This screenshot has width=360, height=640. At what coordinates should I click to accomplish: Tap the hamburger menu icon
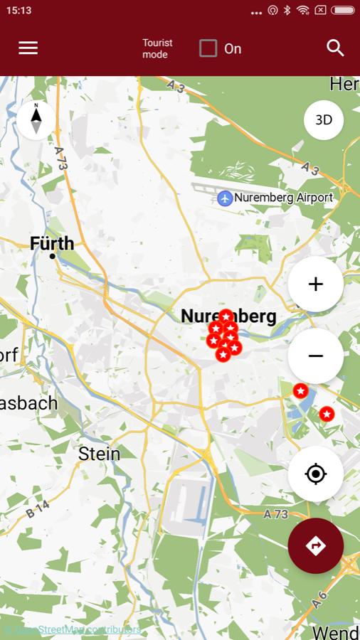click(28, 48)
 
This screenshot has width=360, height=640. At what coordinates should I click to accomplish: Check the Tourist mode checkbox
click(208, 48)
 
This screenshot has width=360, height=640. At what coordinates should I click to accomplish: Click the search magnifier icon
click(335, 48)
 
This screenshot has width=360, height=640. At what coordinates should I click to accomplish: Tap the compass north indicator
click(36, 119)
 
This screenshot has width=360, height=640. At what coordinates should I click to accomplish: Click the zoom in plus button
click(316, 284)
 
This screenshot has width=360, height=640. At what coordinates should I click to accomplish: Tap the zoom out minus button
click(316, 356)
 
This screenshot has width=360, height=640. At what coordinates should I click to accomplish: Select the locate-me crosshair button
click(316, 474)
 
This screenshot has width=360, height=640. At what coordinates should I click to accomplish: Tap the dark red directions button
click(316, 545)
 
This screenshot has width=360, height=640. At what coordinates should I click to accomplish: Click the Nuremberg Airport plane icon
click(225, 198)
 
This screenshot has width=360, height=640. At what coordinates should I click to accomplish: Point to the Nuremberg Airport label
click(283, 198)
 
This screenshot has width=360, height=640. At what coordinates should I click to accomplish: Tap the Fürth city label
click(52, 243)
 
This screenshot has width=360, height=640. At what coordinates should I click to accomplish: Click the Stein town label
click(99, 454)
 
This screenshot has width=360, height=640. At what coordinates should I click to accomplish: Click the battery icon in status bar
click(342, 10)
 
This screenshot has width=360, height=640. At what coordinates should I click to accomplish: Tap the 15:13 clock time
click(18, 10)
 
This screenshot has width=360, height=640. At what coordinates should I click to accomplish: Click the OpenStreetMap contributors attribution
click(71, 630)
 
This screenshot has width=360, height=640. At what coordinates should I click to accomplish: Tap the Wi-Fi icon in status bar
click(304, 10)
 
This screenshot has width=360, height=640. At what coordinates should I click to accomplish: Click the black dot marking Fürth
click(52, 256)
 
